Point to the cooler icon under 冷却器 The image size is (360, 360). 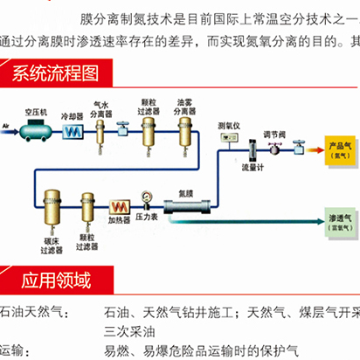click(x=71, y=132)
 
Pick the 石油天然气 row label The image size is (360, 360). click(x=26, y=312)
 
